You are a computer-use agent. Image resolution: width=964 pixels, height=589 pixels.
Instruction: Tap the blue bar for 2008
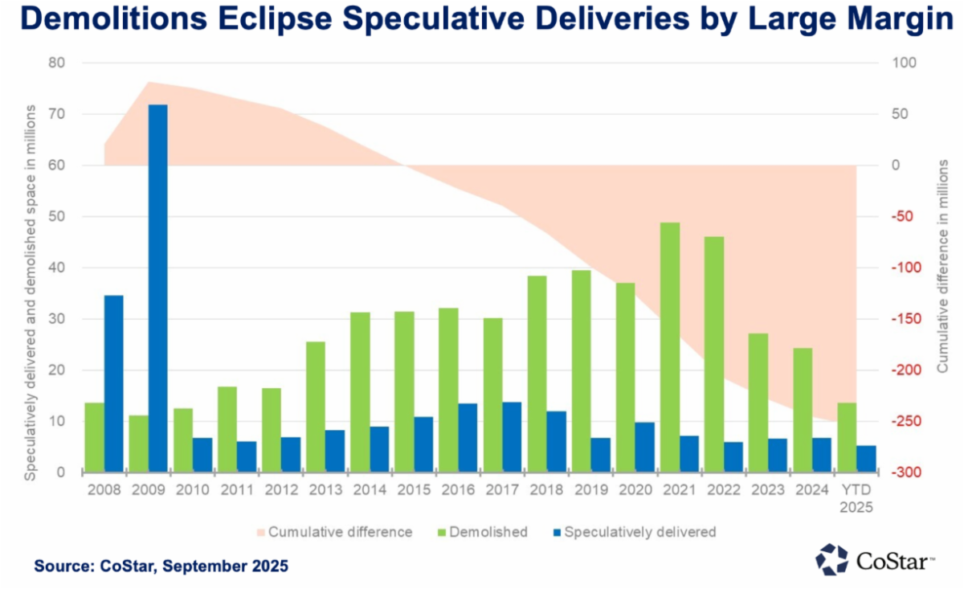click(113, 383)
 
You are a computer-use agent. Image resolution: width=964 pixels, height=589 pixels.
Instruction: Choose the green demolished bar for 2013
click(316, 407)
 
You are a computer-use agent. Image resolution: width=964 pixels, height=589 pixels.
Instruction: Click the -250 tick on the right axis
click(901, 422)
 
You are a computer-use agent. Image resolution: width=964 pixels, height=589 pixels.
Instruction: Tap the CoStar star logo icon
click(831, 560)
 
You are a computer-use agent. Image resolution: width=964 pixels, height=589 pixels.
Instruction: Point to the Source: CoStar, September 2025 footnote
click(161, 567)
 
